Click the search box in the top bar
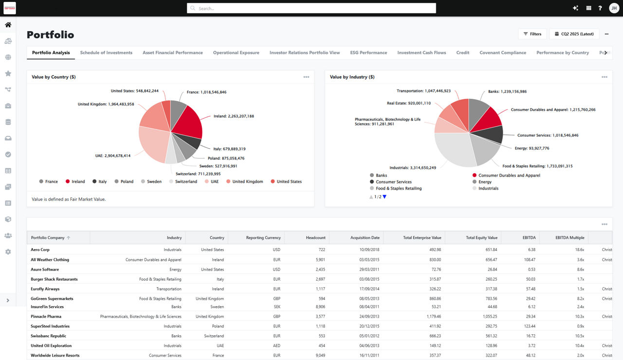[x=311, y=8]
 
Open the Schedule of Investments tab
[x=106, y=53]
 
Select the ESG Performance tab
[x=368, y=53]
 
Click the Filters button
[x=532, y=34]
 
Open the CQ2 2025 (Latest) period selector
[x=574, y=34]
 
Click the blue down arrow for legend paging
[x=385, y=197]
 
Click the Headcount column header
[x=315, y=238]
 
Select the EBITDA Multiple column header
[x=569, y=238]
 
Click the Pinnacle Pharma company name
[x=46, y=316]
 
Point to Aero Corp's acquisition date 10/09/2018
[x=369, y=250]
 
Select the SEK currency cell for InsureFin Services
[x=276, y=306]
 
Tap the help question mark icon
[x=600, y=8]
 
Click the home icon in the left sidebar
[x=8, y=25]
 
